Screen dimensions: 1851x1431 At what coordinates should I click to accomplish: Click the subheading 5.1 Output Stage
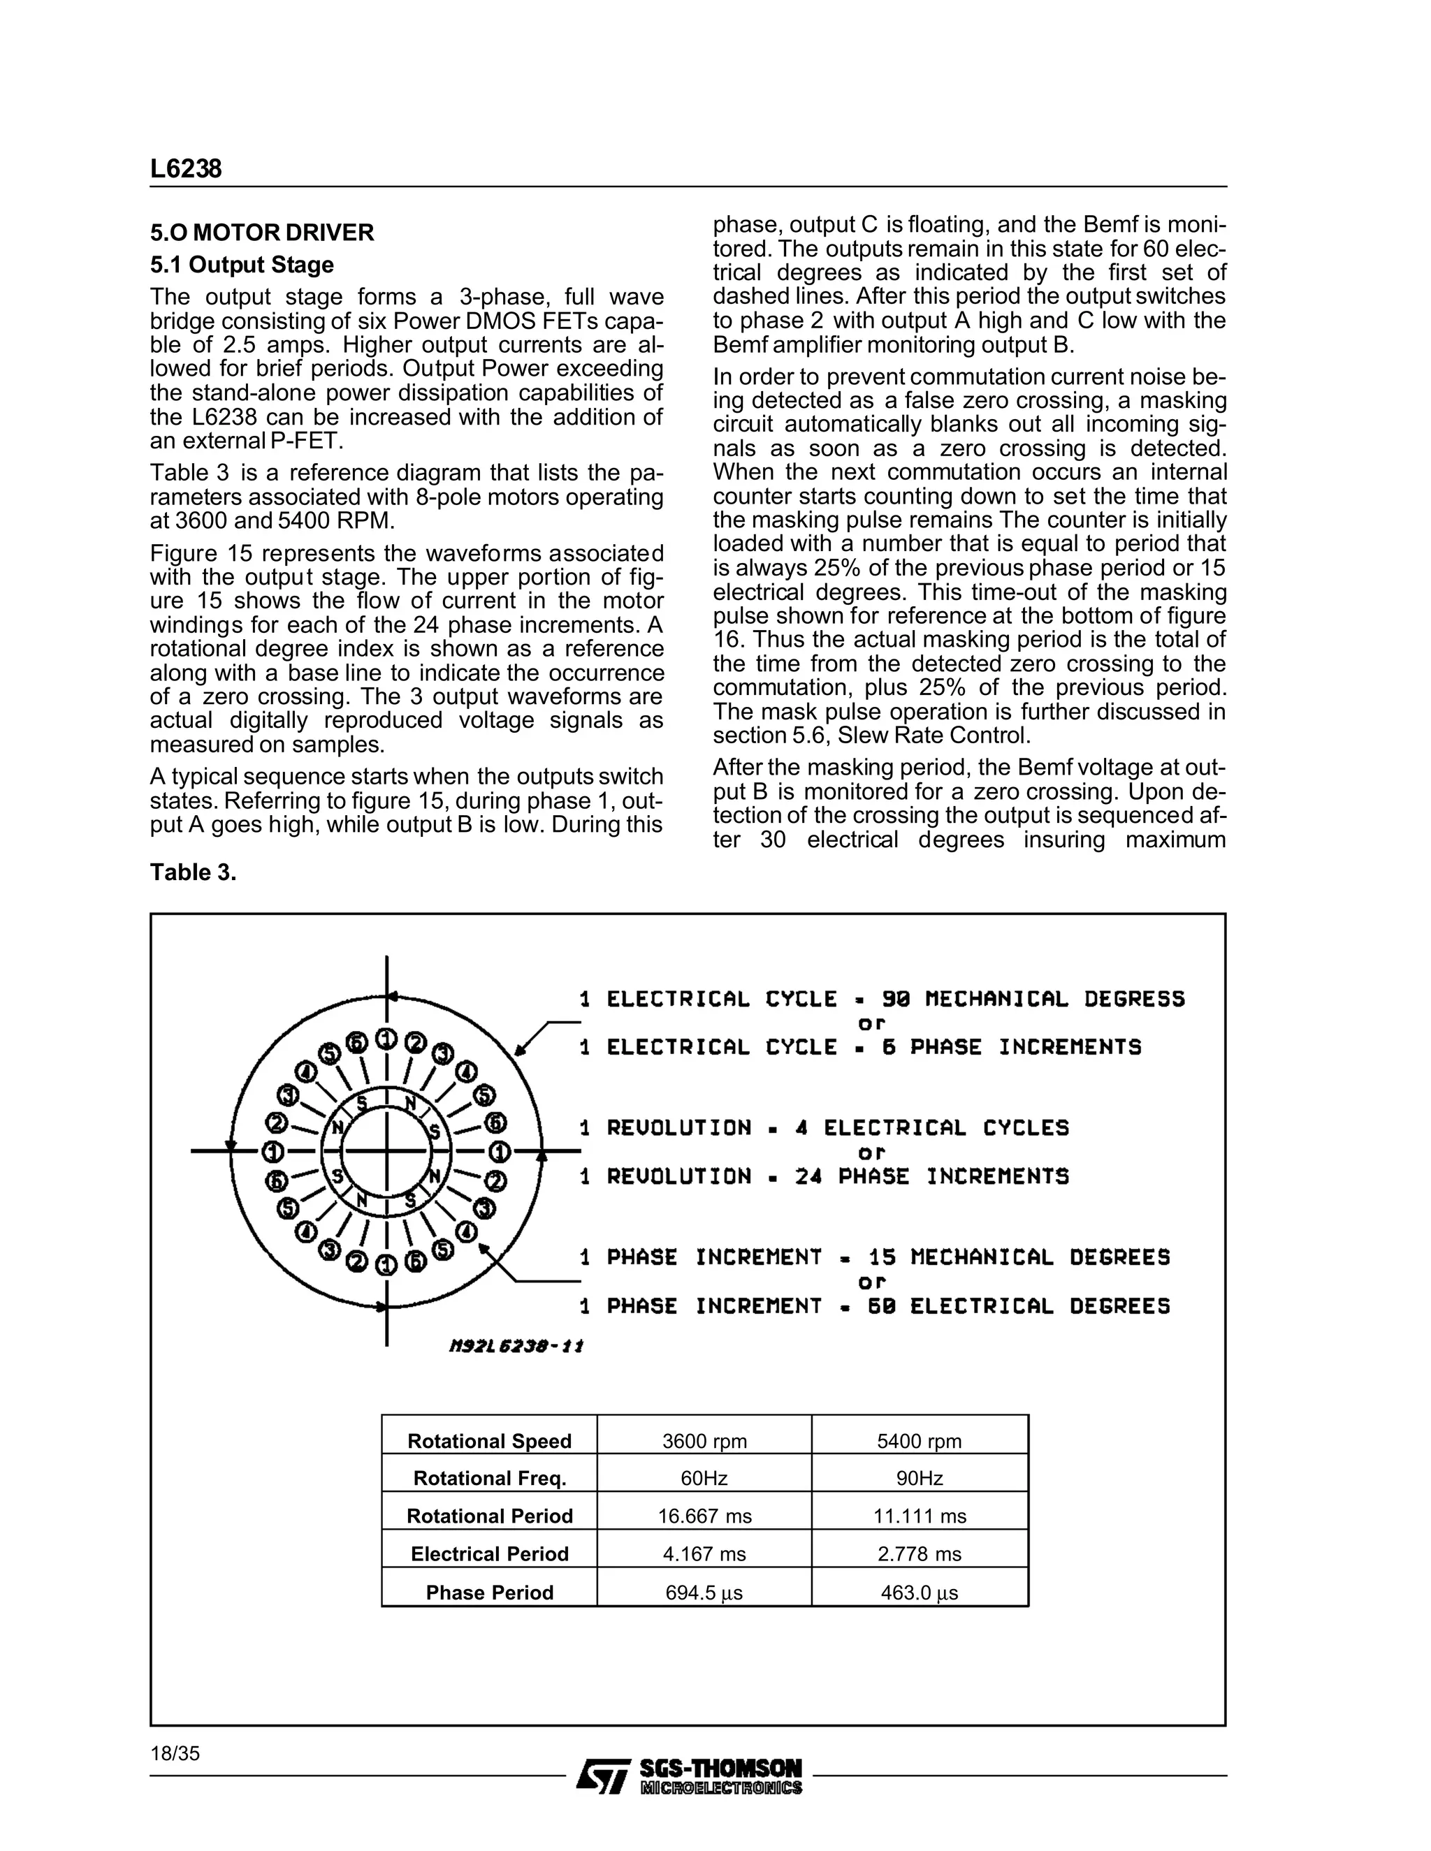tap(242, 265)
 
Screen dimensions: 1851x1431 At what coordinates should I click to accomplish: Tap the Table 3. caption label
tap(192, 872)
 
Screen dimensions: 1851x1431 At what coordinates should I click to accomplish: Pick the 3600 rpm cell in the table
tap(704, 1441)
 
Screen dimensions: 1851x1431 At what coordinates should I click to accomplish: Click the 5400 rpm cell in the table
tap(919, 1441)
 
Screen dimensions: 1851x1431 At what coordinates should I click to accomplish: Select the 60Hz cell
tap(704, 1478)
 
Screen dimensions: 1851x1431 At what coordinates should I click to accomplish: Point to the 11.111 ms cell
tap(919, 1516)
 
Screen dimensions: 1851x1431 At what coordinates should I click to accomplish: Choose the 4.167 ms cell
tap(704, 1553)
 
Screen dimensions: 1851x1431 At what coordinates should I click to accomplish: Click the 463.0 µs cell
tap(919, 1593)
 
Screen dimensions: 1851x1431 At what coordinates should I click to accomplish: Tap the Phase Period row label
tap(489, 1593)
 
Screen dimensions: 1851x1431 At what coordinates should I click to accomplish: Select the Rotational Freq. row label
tap(489, 1478)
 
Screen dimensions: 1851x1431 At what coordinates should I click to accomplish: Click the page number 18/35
tap(175, 1753)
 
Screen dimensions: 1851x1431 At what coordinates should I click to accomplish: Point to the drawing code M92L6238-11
tap(516, 1346)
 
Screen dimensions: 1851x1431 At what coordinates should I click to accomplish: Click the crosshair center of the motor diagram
tap(386, 1151)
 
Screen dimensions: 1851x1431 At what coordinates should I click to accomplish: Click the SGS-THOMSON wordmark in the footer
tap(720, 1769)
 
